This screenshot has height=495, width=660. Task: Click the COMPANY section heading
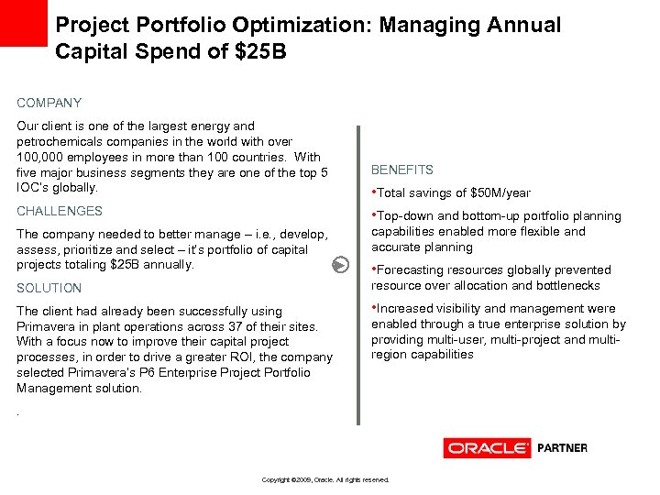point(49,104)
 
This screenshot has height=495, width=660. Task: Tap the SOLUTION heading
point(49,288)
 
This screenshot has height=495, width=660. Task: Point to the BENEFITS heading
point(402,170)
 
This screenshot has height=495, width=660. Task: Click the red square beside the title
point(23,23)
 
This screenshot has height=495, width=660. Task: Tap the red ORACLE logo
point(487,448)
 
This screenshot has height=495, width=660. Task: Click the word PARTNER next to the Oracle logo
point(562,448)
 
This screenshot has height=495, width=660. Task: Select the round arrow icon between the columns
point(340,265)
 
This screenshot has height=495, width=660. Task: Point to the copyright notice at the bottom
point(325,479)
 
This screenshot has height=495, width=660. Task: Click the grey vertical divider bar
point(358,275)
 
